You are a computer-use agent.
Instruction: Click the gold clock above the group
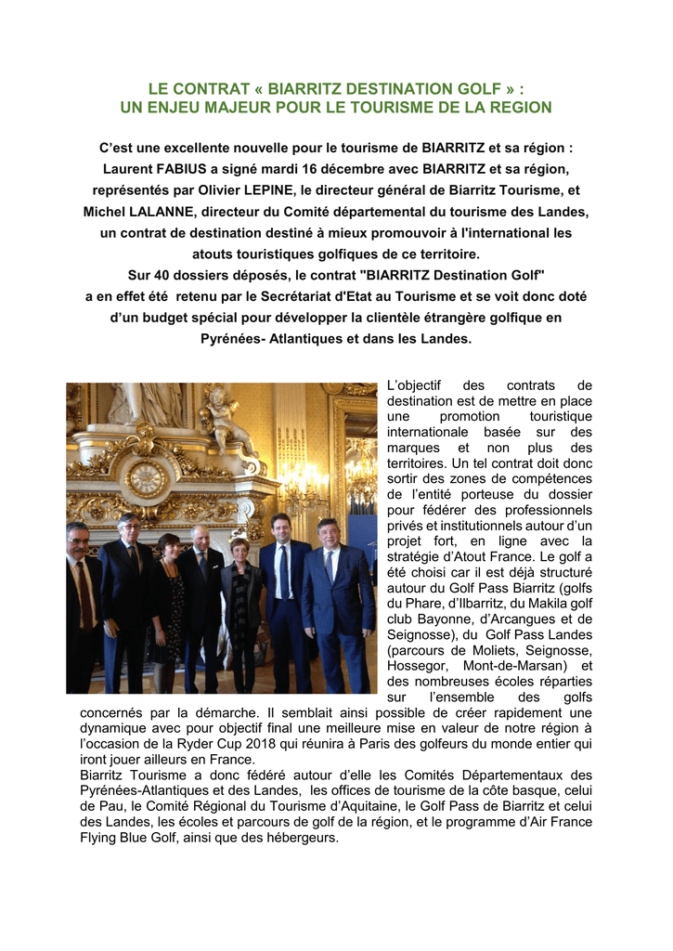146,477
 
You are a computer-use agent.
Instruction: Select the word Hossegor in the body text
415,666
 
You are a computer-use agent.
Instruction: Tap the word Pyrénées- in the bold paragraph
235,339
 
